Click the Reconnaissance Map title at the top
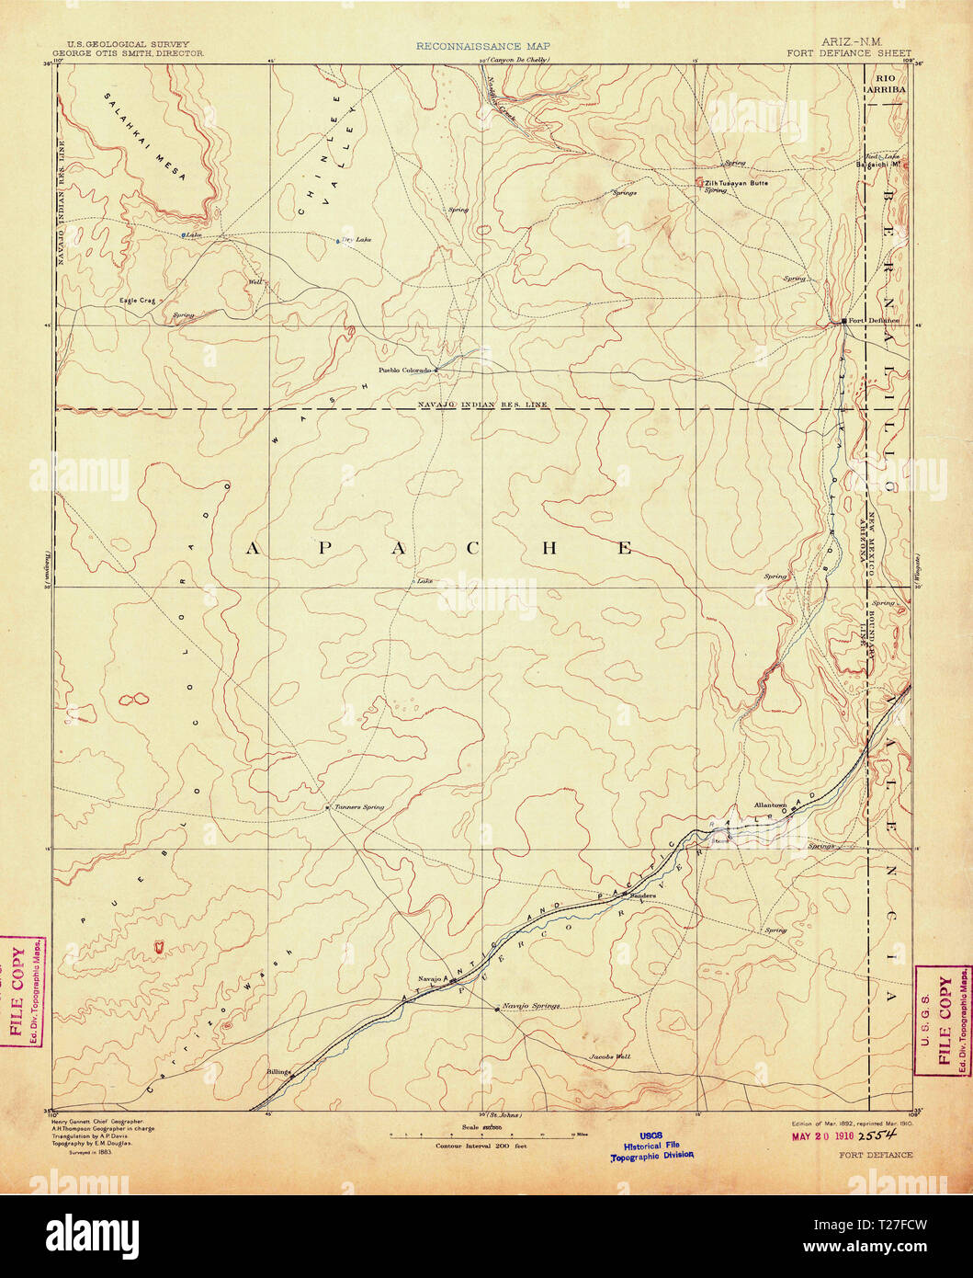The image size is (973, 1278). click(469, 45)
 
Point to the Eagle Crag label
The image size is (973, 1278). click(135, 300)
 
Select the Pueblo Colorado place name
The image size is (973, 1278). click(404, 370)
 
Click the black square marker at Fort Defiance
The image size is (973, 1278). click(844, 321)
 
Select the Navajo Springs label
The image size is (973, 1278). click(531, 1006)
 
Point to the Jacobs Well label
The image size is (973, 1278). click(610, 1056)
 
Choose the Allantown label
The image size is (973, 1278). click(770, 804)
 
